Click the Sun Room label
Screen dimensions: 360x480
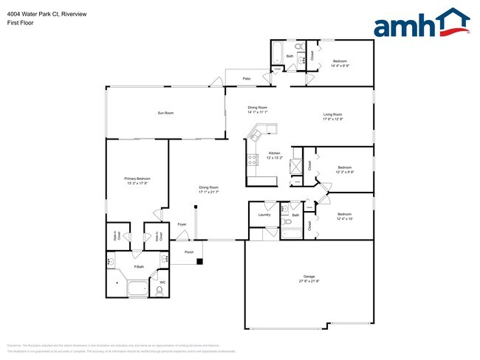point(165,113)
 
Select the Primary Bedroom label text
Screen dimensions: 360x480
point(137,179)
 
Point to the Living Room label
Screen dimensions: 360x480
point(332,114)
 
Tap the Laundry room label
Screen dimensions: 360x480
point(263,215)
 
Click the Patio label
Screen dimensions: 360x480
point(248,80)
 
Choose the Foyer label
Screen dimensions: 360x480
point(182,224)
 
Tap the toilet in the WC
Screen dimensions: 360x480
point(160,291)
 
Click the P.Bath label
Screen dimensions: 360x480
point(138,266)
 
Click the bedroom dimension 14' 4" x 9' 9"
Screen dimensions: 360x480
point(340,66)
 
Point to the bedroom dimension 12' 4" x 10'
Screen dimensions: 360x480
point(345,219)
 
